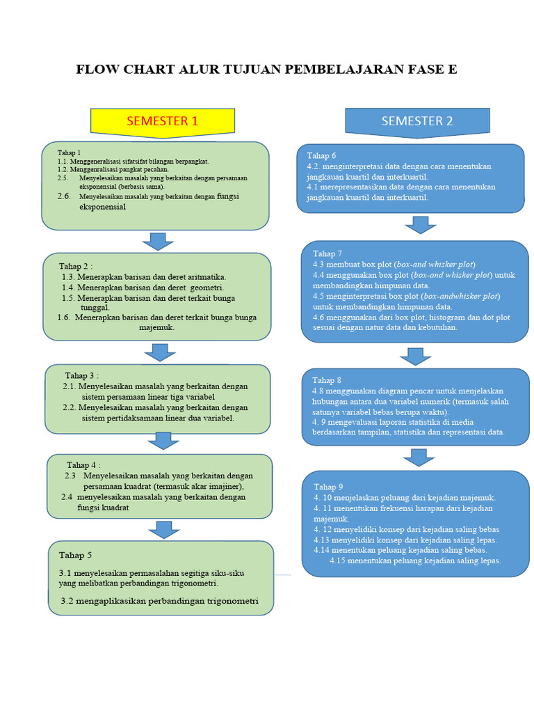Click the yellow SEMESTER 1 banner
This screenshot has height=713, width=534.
point(162,121)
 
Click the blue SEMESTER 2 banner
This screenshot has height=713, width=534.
point(417,121)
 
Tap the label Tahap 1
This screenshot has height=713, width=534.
point(70,152)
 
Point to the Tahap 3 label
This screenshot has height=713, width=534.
point(82,375)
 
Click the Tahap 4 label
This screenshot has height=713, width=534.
point(83,464)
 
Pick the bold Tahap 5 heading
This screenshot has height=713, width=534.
point(75,555)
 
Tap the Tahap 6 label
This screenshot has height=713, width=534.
point(321,156)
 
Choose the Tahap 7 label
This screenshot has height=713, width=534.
point(327,253)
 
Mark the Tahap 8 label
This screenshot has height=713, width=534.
point(327,380)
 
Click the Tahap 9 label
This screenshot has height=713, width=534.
point(328,487)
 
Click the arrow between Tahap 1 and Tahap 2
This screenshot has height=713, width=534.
point(158,242)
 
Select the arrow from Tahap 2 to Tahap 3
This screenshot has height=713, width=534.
point(161,352)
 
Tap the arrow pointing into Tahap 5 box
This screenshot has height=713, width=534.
point(164,529)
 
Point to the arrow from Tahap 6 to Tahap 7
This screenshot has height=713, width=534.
point(420,225)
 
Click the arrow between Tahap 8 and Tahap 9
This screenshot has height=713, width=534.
point(418,457)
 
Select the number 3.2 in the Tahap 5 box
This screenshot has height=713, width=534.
point(68,601)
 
